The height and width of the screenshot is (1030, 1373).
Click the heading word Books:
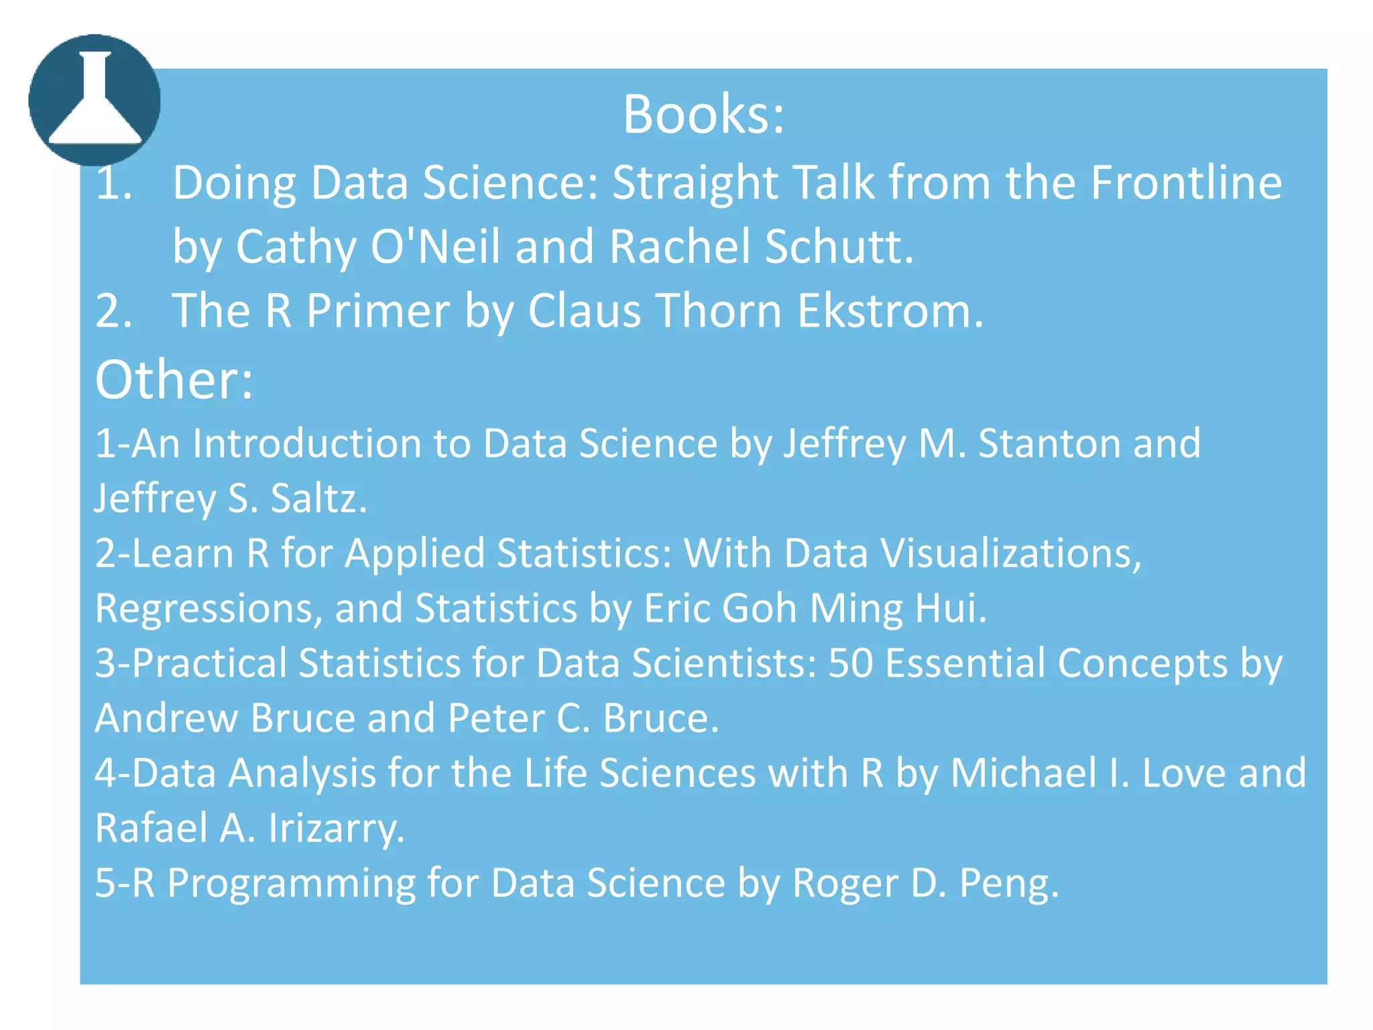[703, 114]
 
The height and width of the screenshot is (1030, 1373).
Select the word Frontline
[1186, 182]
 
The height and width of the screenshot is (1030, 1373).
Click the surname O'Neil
[435, 246]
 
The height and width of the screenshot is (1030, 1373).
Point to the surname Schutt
[839, 246]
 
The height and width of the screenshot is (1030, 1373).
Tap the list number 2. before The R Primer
[114, 310]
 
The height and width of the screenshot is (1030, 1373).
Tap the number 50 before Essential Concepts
[851, 663]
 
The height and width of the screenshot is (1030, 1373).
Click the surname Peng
[1009, 883]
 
